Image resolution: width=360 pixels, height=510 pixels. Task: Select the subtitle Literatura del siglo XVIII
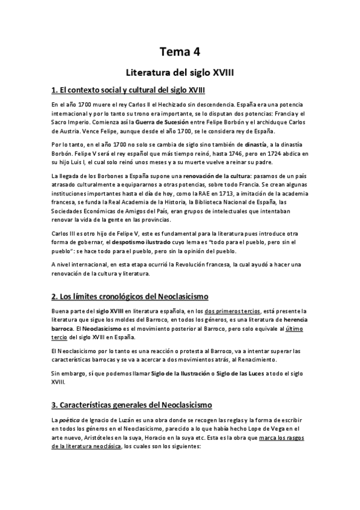click(x=180, y=72)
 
